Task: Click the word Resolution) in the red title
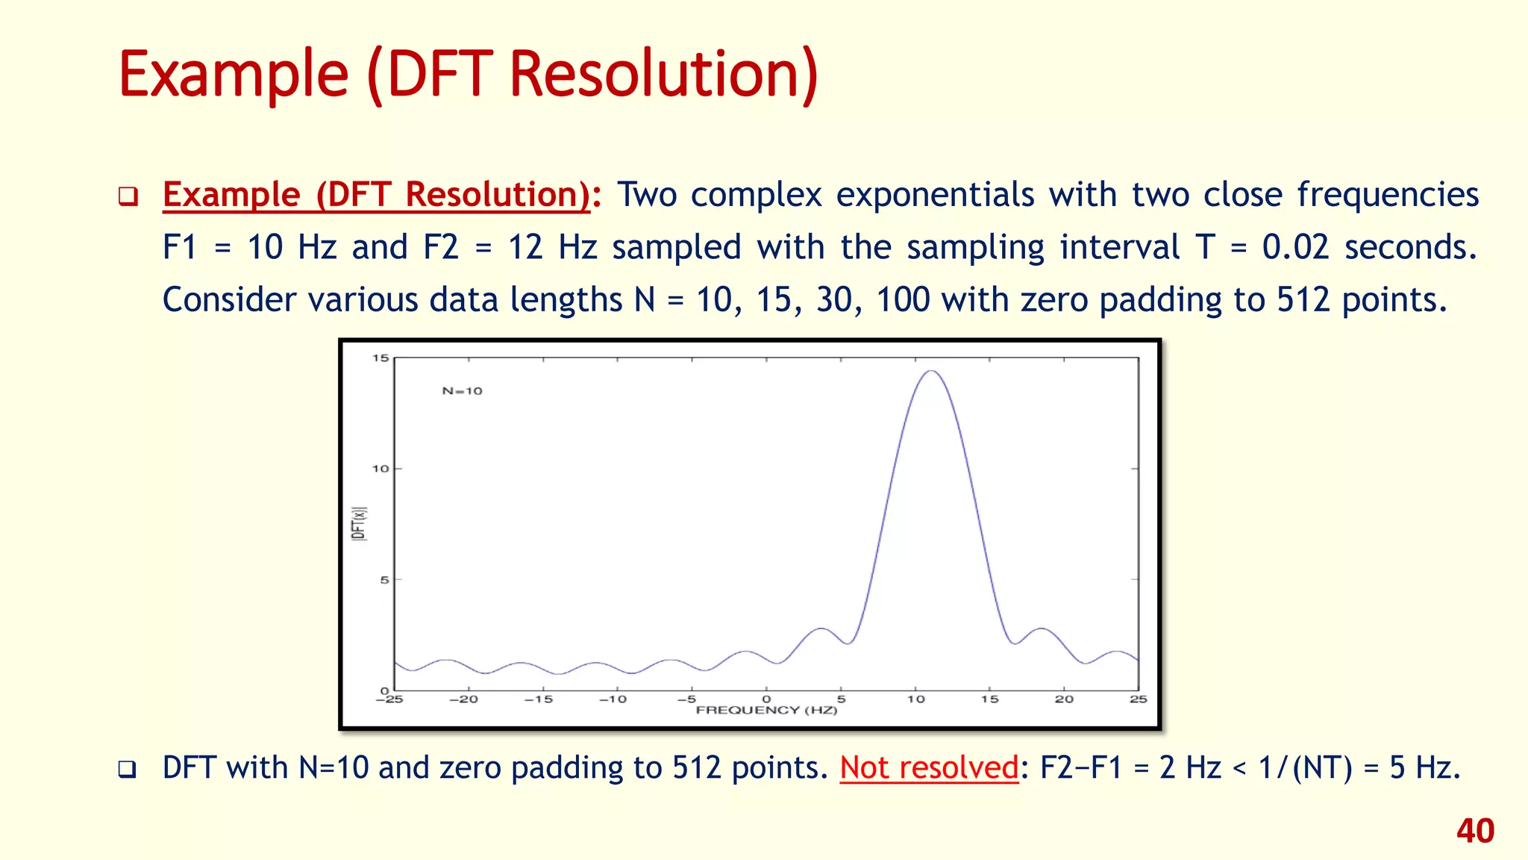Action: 663,75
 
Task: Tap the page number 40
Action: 1475,831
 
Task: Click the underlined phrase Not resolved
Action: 929,767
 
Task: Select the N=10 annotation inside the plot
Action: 462,391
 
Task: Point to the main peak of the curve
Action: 931,372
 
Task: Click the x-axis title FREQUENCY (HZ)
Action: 766,710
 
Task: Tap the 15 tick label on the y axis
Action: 381,358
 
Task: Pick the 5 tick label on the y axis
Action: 384,580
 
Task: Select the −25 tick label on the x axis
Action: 389,699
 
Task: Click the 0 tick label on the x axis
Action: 766,699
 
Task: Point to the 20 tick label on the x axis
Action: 1064,699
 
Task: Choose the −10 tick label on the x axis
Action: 613,699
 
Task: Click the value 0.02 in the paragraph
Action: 1295,247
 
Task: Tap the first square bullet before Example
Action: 128,197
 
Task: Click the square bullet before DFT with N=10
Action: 128,769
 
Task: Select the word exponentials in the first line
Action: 935,195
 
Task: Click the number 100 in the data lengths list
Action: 903,300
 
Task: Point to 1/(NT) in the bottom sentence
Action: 1305,767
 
